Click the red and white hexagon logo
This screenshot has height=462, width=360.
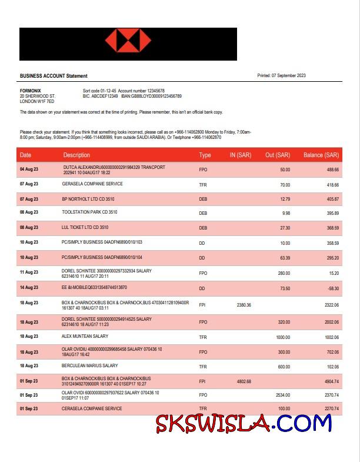pyautogui.click(x=128, y=44)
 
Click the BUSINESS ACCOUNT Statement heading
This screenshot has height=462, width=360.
pyautogui.click(x=54, y=76)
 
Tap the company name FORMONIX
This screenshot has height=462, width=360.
pyautogui.click(x=31, y=90)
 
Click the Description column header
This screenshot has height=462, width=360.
pyautogui.click(x=76, y=155)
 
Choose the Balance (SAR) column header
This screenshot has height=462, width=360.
pyautogui.click(x=321, y=155)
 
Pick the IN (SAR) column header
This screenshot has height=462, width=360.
pyautogui.click(x=240, y=155)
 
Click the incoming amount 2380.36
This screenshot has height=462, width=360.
pyautogui.click(x=244, y=305)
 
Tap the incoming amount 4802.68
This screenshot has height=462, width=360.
pyautogui.click(x=244, y=381)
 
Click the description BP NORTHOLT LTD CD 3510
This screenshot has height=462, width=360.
pyautogui.click(x=88, y=199)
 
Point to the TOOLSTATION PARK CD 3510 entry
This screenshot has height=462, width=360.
pyautogui.click(x=89, y=212)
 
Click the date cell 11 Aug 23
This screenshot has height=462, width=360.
pyautogui.click(x=29, y=272)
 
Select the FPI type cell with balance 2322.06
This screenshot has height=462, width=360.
pyautogui.click(x=202, y=305)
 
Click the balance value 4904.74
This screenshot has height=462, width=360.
pyautogui.click(x=330, y=381)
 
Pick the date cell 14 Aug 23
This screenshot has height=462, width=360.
pyautogui.click(x=29, y=287)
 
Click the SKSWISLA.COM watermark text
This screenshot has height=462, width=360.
pyautogui.click(x=244, y=423)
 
